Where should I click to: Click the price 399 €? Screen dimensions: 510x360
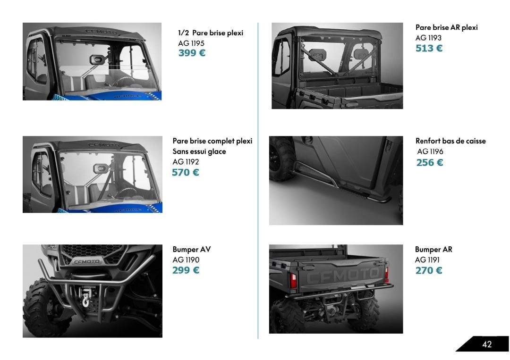pyautogui.click(x=192, y=53)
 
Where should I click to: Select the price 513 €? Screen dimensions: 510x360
pyautogui.click(x=429, y=48)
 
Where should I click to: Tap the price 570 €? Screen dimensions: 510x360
pyautogui.click(x=186, y=172)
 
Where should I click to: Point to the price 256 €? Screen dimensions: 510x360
pyautogui.click(x=430, y=162)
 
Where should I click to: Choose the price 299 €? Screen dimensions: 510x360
pyautogui.click(x=186, y=270)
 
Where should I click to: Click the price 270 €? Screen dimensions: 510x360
pyautogui.click(x=429, y=270)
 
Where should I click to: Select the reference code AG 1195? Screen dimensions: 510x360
pyautogui.click(x=191, y=43)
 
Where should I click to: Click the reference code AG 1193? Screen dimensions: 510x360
pyautogui.click(x=428, y=38)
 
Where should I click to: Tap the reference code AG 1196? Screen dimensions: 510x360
pyautogui.click(x=430, y=151)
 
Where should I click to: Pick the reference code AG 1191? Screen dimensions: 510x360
pyautogui.click(x=427, y=260)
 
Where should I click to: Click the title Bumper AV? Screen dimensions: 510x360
pyautogui.click(x=192, y=250)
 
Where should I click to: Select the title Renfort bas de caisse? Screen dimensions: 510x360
pyautogui.click(x=450, y=141)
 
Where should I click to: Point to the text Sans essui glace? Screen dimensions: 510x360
pyautogui.click(x=199, y=151)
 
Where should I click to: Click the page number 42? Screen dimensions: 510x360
pyautogui.click(x=487, y=344)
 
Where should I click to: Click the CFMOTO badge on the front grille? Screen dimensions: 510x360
pyautogui.click(x=86, y=261)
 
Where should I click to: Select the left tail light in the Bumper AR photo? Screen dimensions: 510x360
pyautogui.click(x=293, y=280)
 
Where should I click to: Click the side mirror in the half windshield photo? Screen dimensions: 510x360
pyautogui.click(x=97, y=59)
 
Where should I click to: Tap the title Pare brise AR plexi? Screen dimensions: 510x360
pyautogui.click(x=447, y=27)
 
